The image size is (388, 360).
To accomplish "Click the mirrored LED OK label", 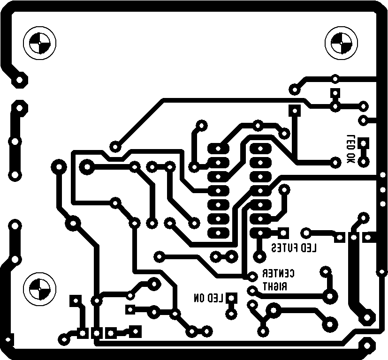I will (x=350, y=149).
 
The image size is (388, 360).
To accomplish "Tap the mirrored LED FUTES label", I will (x=294, y=247).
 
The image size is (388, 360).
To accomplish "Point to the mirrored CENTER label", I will (x=278, y=274).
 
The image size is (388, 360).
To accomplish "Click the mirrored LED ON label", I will (x=208, y=298).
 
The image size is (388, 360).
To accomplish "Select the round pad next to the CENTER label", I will (x=252, y=276).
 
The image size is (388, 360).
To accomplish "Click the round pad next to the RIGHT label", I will (x=252, y=291).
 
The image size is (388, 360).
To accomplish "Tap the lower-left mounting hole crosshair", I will (x=39, y=288).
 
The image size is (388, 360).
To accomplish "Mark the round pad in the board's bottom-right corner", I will (x=366, y=346).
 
